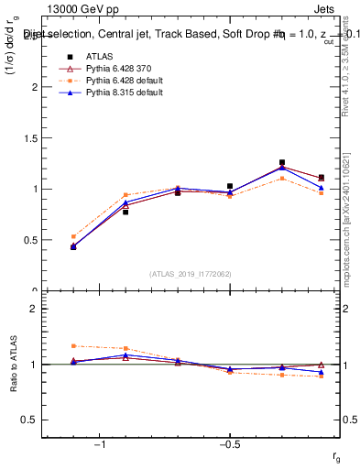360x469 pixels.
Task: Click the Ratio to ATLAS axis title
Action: pyautogui.click(x=12, y=365)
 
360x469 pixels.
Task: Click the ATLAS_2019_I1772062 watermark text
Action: pyautogui.click(x=191, y=273)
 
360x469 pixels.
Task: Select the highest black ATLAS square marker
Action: pyautogui.click(x=282, y=162)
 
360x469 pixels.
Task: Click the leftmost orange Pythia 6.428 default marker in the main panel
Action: pyautogui.click(x=73, y=236)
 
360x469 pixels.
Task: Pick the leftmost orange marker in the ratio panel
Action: pyautogui.click(x=73, y=346)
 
